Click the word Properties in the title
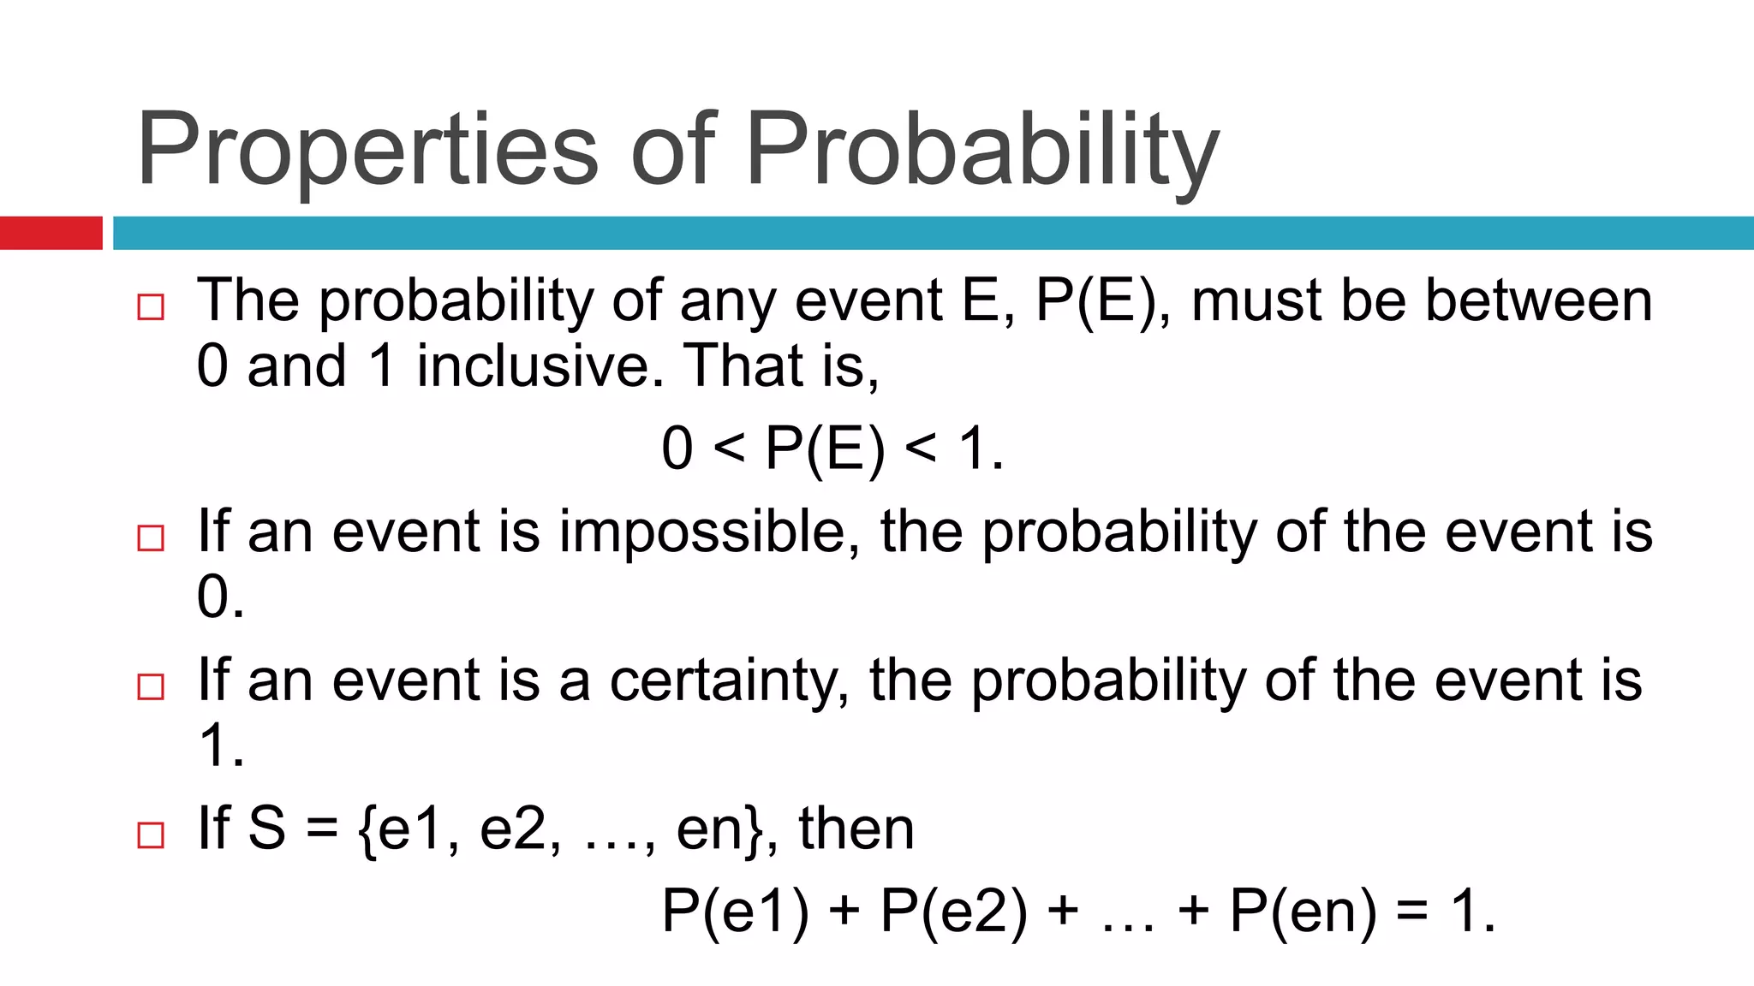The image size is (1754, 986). (x=367, y=150)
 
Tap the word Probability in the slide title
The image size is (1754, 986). (x=981, y=150)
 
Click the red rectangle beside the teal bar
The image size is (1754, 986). (x=51, y=233)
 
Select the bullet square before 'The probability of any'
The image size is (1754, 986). (x=151, y=306)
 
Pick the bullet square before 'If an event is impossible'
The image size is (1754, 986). (x=151, y=538)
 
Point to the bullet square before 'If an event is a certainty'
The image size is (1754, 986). (x=151, y=686)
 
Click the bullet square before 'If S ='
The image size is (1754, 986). (x=151, y=835)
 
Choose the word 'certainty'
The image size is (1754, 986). (x=729, y=681)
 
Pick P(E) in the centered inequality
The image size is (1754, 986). (x=825, y=448)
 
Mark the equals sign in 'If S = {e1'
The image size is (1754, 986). (x=322, y=829)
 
